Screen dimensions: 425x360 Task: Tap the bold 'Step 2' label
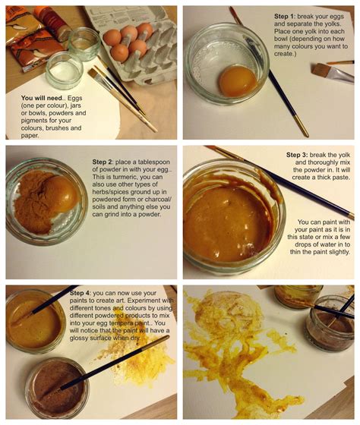pyautogui.click(x=106, y=162)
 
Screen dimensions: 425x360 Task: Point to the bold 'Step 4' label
pyautogui.click(x=83, y=292)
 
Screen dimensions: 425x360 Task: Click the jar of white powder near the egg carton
pyautogui.click(x=64, y=71)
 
